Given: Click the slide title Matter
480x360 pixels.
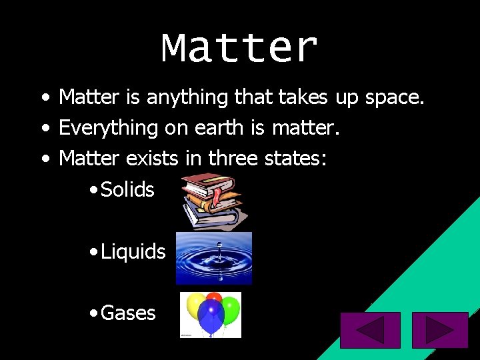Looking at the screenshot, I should coord(239,48).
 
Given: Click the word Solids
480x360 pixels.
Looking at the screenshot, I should coord(127,189).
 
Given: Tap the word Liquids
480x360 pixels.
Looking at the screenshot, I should coord(133,251).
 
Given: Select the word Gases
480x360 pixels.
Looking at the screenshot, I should coord(128,313).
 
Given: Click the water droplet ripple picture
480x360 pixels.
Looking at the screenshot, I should coord(213,258).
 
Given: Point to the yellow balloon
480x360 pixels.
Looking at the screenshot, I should coord(195,307).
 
